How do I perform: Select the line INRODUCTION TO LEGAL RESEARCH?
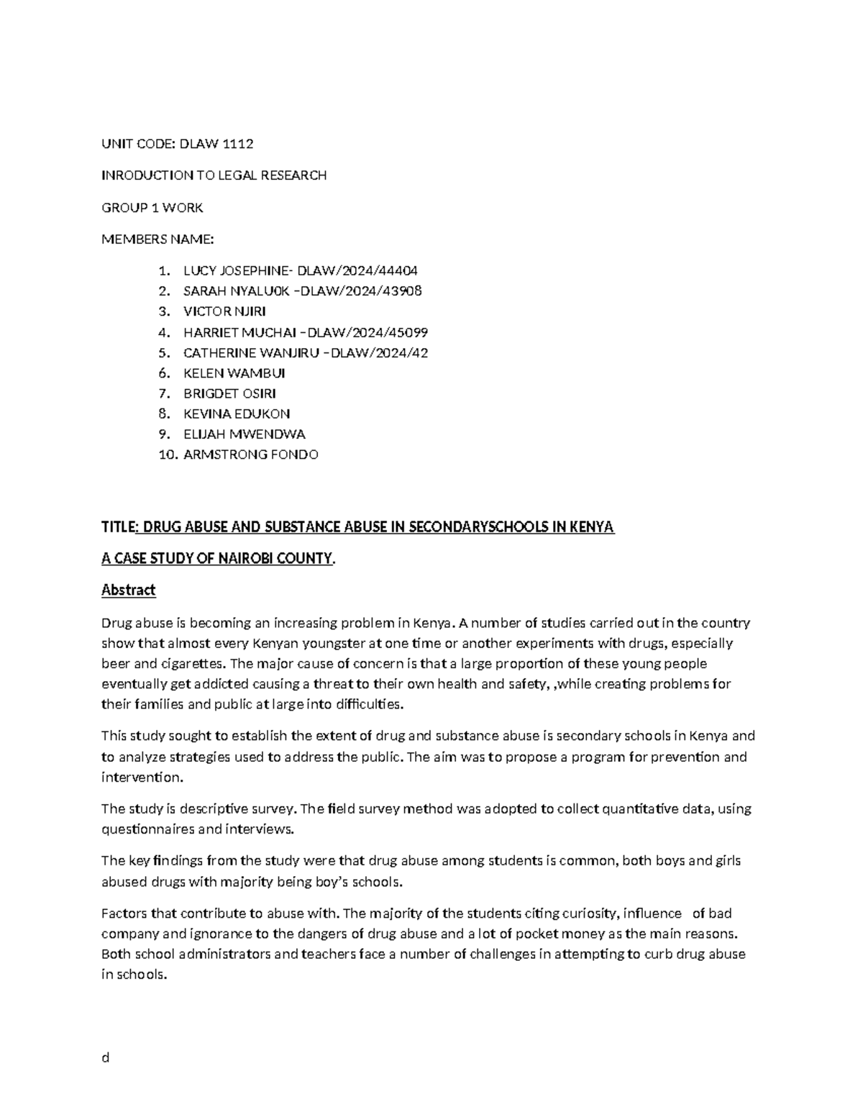214,175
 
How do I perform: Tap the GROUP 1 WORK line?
152,208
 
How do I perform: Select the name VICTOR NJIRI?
224,311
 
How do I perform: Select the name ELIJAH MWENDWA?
245,434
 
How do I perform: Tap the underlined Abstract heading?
128,591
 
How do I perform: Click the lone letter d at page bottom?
105,1057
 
